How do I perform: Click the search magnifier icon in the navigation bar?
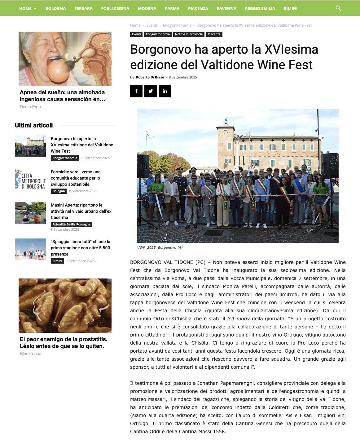click(338, 8)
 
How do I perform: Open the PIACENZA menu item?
click(198, 8)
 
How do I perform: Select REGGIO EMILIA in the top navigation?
click(260, 8)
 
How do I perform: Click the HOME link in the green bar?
click(25, 8)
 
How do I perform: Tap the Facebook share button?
click(136, 91)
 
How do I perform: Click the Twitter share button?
click(151, 91)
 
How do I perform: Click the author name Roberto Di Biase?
click(150, 77)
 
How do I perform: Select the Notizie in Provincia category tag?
click(189, 34)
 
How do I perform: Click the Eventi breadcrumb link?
click(152, 25)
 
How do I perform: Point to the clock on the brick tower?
click(225, 132)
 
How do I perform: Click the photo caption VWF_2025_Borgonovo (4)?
click(160, 247)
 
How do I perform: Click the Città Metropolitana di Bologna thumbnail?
click(30, 179)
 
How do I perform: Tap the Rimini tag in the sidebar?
click(57, 261)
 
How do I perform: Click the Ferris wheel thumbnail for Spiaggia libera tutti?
click(30, 249)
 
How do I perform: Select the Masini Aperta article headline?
click(81, 211)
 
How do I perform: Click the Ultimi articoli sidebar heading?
click(34, 125)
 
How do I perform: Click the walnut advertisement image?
click(65, 305)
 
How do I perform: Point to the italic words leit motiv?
click(238, 319)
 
